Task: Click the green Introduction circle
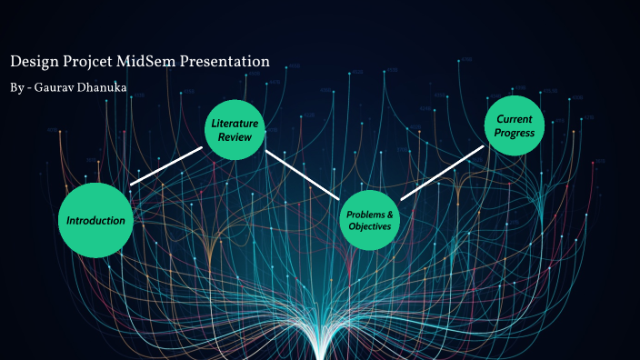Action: (x=95, y=220)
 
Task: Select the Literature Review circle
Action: (x=235, y=130)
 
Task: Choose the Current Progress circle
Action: (x=515, y=125)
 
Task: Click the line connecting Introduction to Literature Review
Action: (x=166, y=165)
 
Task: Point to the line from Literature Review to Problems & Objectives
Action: (x=302, y=173)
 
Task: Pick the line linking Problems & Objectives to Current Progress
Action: (x=442, y=172)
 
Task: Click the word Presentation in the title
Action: (x=229, y=62)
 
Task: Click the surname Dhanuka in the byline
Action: (x=103, y=87)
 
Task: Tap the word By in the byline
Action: (x=17, y=87)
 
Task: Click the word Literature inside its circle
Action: (x=235, y=123)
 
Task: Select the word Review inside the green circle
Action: (x=235, y=137)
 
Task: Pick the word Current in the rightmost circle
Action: (x=515, y=118)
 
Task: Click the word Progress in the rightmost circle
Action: (x=515, y=134)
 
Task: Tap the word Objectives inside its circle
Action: (x=370, y=226)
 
